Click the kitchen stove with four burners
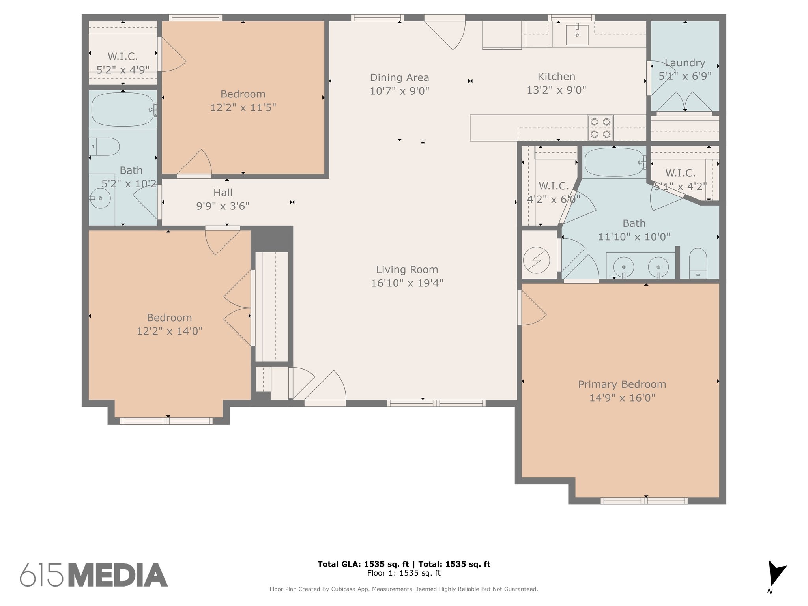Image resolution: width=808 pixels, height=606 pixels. tap(600, 128)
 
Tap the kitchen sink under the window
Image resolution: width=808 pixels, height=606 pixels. tap(577, 35)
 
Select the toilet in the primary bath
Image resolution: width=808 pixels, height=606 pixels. tap(698, 263)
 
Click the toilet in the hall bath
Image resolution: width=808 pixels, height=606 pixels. tap(104, 147)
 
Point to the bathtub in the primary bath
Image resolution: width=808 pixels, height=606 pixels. tap(615, 162)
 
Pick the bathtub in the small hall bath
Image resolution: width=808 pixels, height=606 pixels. tap(123, 110)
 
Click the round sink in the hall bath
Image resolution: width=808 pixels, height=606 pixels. tap(100, 198)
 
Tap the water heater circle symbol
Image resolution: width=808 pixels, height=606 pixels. tap(537, 260)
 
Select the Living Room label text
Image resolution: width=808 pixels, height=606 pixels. tap(407, 269)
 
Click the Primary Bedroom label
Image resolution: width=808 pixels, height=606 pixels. tap(622, 384)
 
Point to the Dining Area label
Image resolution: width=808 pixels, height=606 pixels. tap(399, 77)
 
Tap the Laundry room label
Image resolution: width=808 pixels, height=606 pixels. tap(685, 63)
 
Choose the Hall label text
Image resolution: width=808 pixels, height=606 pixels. tap(223, 193)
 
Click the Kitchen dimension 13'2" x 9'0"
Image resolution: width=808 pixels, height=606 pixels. tap(556, 90)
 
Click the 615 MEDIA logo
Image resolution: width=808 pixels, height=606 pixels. tap(94, 575)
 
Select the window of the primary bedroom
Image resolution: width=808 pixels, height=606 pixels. tap(644, 501)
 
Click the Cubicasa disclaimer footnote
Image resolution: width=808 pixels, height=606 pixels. tap(404, 589)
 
